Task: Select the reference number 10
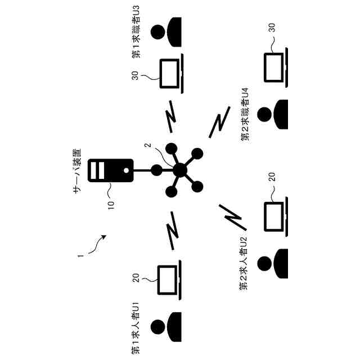(110, 202)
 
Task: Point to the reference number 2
(147, 146)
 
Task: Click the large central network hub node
(179, 169)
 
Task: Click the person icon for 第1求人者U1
(167, 327)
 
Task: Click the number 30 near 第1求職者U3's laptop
(135, 75)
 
